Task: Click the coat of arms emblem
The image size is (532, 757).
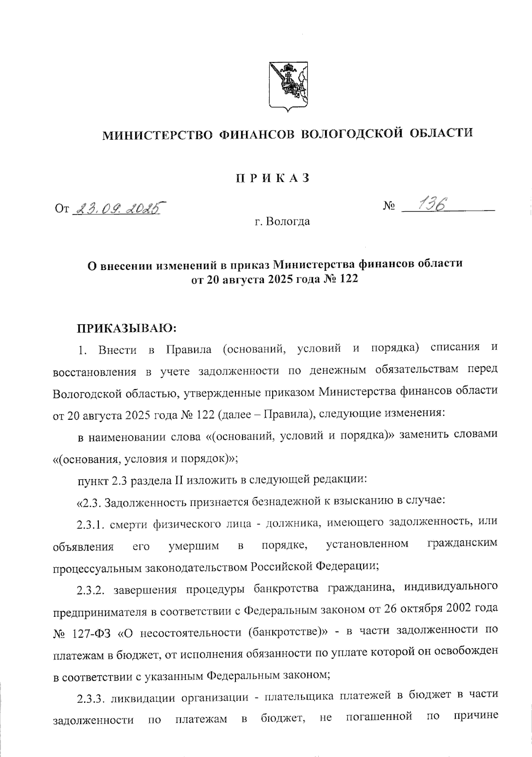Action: [289, 87]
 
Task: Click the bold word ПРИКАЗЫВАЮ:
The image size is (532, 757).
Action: [128, 329]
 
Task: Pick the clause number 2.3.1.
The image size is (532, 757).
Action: [91, 524]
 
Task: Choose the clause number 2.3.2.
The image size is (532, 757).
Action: [91, 591]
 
